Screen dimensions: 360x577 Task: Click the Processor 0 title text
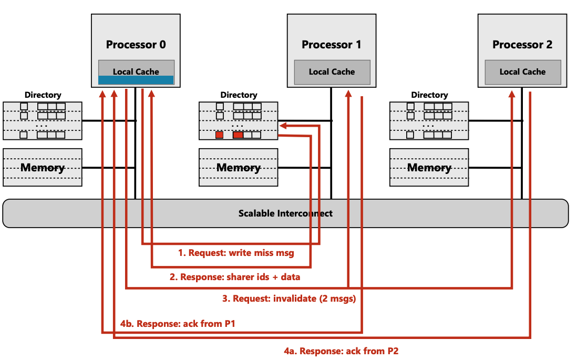coord(136,45)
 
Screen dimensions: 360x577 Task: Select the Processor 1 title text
coord(331,45)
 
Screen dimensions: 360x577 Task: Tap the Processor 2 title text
coord(522,45)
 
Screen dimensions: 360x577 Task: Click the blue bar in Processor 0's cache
coord(136,80)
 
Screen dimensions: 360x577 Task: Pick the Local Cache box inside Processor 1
coord(332,71)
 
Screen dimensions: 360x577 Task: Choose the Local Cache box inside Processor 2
coord(522,71)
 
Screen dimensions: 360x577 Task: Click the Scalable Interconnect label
coord(285,213)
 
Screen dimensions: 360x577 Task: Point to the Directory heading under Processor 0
coord(43,95)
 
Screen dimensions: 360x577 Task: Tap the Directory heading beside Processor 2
coord(429,95)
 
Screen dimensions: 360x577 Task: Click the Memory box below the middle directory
coord(239,168)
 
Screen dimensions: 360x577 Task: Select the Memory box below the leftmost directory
coord(43,168)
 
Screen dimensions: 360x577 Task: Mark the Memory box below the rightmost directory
coord(429,168)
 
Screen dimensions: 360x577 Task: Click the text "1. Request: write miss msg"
coord(235,253)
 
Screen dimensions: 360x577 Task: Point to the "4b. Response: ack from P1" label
coord(177,324)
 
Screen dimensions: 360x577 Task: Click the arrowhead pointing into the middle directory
coord(282,126)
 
